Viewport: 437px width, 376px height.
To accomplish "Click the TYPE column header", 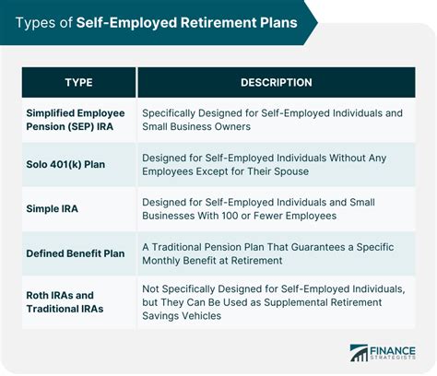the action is pyautogui.click(x=78, y=82).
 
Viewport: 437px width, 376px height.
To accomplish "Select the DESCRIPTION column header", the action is pyautogui.click(x=277, y=82).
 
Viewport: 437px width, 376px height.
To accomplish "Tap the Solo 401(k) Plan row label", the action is pyautogui.click(x=65, y=164).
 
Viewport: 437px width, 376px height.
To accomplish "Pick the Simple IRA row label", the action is pyautogui.click(x=52, y=209).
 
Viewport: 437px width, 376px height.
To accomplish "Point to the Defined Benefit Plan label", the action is pyautogui.click(x=76, y=253).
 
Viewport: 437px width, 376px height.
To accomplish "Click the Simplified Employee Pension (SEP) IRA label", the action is pyautogui.click(x=76, y=120).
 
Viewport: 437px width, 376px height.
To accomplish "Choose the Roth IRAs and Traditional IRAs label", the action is pyautogui.click(x=65, y=302).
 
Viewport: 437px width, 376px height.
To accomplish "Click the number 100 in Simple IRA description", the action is pyautogui.click(x=230, y=216).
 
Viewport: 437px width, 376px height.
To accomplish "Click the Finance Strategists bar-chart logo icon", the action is pyautogui.click(x=359, y=353).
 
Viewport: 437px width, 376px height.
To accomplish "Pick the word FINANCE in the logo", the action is pyautogui.click(x=393, y=351).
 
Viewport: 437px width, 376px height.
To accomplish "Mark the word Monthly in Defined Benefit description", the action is pyautogui.click(x=161, y=261).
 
